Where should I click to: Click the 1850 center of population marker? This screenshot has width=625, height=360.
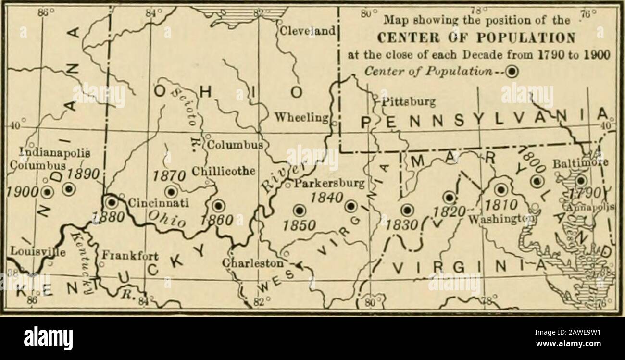click(x=299, y=210)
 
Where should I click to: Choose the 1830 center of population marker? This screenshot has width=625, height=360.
click(x=407, y=210)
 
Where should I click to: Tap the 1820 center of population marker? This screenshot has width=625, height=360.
click(x=449, y=197)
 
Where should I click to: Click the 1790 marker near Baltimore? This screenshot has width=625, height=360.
click(x=581, y=181)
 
